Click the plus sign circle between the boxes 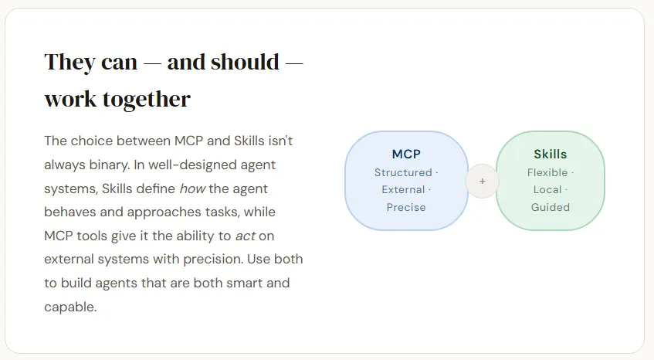(x=482, y=181)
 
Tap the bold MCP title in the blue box (x=406, y=154)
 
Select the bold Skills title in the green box (x=550, y=154)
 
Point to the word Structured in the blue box (x=403, y=172)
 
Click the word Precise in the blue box (x=406, y=207)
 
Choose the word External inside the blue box (x=403, y=189)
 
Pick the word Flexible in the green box (x=547, y=172)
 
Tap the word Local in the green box (x=547, y=189)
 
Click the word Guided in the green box (x=550, y=207)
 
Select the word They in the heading (x=70, y=63)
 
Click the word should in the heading (x=245, y=62)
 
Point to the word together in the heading (x=147, y=100)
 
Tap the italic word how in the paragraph (x=192, y=188)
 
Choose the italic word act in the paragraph (x=246, y=236)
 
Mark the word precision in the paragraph (x=212, y=260)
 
